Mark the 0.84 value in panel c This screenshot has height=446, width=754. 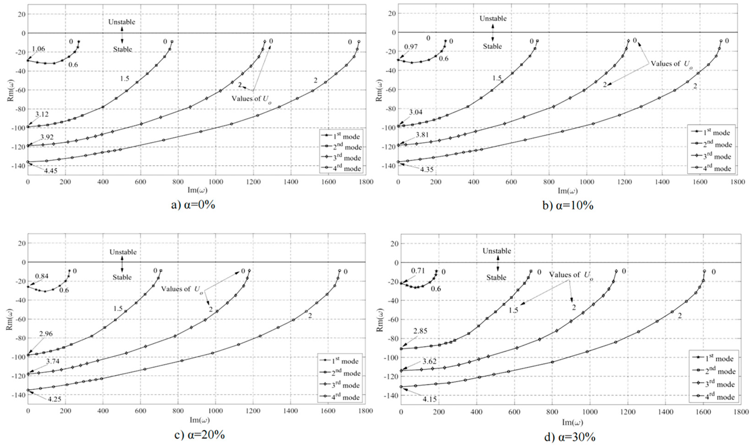[x=41, y=276]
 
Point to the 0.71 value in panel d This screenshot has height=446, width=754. [x=418, y=271]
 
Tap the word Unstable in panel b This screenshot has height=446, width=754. [x=493, y=19]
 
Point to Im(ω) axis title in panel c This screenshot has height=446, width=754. [x=200, y=420]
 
